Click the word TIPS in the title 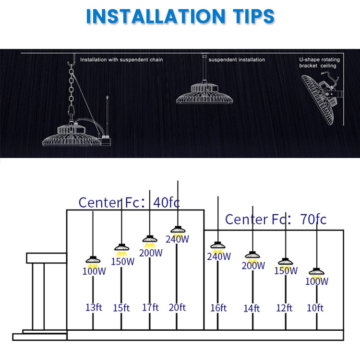point(254,16)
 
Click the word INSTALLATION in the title point(156,16)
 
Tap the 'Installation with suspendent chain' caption point(121,60)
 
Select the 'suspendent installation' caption point(237,60)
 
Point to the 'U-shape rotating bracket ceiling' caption point(319,63)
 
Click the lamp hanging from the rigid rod point(204,93)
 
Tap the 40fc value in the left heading point(167,202)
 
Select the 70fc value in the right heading point(313,219)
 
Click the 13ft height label point(94,307)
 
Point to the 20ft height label point(177,307)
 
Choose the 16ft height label point(218,308)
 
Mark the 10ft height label point(315,308)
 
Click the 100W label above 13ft point(94,271)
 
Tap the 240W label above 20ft point(177,239)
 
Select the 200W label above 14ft point(253,266)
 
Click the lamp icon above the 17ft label point(150,239)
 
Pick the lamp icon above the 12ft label point(286,262)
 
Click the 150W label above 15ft point(122,262)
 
